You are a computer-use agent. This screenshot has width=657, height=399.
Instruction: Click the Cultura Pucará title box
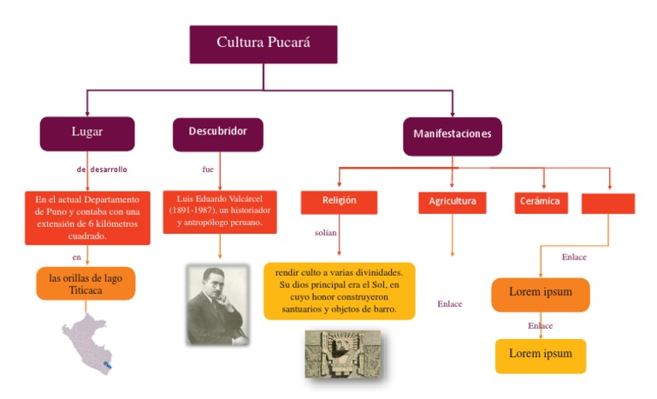coord(263,44)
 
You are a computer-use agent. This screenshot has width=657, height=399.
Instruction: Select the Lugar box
coord(87,134)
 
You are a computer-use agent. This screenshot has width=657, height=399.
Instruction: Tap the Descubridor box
coord(217,134)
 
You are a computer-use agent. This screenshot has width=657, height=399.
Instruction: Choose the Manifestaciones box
coord(452,135)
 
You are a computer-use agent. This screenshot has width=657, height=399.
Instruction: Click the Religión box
coord(339,202)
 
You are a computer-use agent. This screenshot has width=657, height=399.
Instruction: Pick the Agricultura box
coord(452,203)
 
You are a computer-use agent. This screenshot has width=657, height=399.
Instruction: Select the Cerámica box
coord(542,203)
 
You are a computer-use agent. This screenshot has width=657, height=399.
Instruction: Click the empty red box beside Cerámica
coord(608,204)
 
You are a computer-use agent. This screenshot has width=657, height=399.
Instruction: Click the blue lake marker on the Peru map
coord(108,365)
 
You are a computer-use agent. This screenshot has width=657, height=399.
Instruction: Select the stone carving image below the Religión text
coord(342,354)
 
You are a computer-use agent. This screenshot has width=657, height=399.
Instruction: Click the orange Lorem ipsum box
coord(541,294)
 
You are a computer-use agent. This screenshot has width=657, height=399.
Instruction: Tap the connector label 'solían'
coord(326,232)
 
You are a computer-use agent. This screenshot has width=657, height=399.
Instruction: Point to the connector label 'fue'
coord(208,170)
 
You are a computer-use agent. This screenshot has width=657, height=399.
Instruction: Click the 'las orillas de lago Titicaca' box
coord(86,283)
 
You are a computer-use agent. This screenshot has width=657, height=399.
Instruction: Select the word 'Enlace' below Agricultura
coord(450,304)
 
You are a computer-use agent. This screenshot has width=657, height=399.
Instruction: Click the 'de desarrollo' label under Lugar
coord(102,170)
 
